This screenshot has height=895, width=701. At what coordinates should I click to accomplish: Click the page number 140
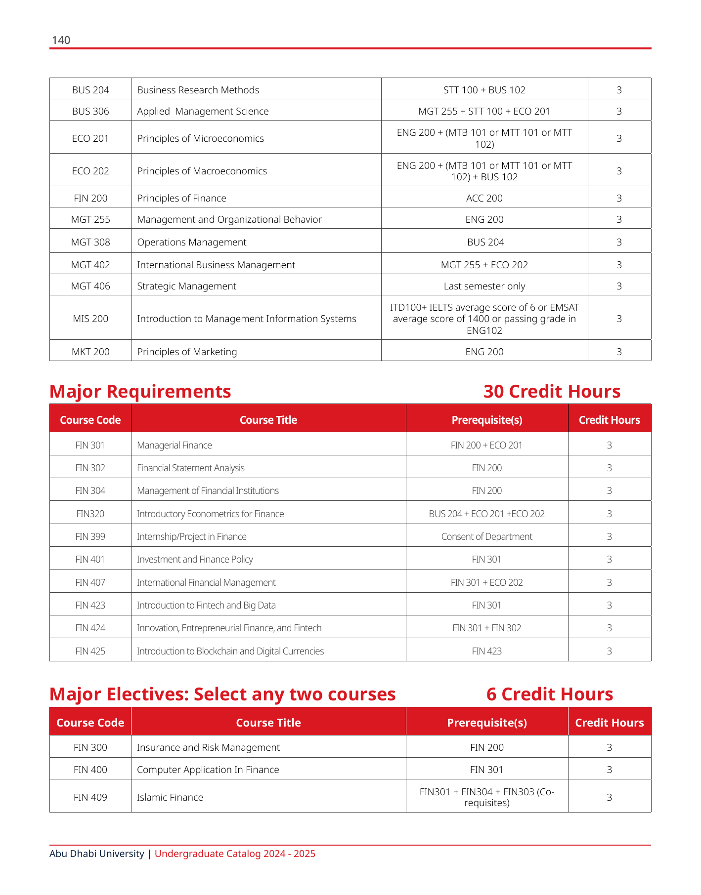pos(61,40)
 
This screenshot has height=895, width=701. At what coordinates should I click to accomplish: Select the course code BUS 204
pos(90,90)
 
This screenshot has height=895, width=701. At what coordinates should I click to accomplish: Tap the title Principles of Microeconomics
pos(200,138)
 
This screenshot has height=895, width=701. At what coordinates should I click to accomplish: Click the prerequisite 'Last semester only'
pos(484,286)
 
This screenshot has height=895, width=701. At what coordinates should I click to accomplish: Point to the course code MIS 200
pos(90,319)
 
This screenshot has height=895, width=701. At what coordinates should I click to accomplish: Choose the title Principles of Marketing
pos(187,352)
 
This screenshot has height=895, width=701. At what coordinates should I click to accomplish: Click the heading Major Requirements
pos(140,391)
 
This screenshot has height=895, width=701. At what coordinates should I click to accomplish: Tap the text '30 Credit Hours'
pos(551,391)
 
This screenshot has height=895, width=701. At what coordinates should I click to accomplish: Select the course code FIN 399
pos(90,536)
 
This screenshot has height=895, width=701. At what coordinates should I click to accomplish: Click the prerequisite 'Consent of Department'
pos(486,536)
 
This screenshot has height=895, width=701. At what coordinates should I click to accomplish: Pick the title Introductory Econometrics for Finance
pos(210,514)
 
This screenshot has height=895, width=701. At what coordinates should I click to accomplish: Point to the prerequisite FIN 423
pos(486,651)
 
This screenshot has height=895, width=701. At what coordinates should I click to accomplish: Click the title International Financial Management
pos(206,582)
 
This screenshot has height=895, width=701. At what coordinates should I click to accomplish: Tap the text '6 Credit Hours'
pos(549,694)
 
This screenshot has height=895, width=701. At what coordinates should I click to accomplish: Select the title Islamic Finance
pos(170,797)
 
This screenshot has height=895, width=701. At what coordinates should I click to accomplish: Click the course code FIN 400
pos(90,770)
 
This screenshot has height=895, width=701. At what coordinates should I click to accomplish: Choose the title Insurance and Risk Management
pos(208,747)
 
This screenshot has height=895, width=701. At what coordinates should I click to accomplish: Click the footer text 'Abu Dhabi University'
pos(96,854)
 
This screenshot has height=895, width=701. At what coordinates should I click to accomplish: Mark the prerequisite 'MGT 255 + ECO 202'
pos(484,265)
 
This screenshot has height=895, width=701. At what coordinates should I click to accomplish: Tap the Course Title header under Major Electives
pos(268,723)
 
